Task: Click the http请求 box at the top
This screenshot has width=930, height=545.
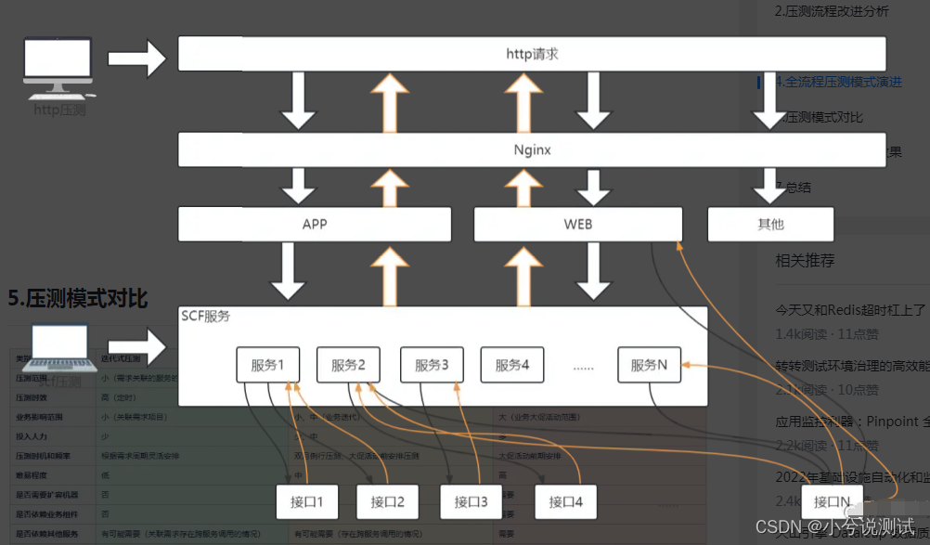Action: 532,54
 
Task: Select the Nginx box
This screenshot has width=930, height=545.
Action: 532,149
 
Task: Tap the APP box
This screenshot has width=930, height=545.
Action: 315,224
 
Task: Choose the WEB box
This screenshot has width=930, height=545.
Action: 577,224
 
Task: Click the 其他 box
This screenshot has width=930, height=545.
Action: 770,224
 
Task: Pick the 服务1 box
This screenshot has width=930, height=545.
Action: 268,365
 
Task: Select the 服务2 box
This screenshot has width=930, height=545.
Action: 348,365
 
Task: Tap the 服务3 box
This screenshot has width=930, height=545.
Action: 432,365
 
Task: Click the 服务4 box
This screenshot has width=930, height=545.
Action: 511,365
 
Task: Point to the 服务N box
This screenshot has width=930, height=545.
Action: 649,365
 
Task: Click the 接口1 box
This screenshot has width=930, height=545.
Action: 307,502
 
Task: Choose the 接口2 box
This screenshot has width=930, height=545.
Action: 387,502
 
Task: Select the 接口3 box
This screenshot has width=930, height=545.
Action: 471,502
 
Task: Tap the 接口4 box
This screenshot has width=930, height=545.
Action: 565,502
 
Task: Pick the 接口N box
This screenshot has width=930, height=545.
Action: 832,502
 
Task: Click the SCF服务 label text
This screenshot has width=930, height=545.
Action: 206,317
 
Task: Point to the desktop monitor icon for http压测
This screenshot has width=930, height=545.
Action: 58,68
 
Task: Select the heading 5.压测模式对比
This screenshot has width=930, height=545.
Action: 78,298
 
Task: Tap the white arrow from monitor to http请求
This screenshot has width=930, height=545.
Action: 136,58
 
